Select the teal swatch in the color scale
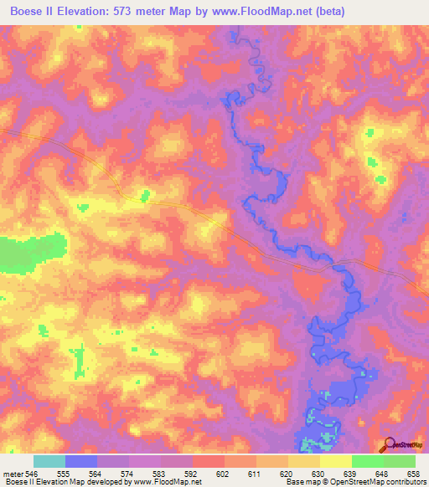tap(49, 461)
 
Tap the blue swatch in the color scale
tap(81, 461)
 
